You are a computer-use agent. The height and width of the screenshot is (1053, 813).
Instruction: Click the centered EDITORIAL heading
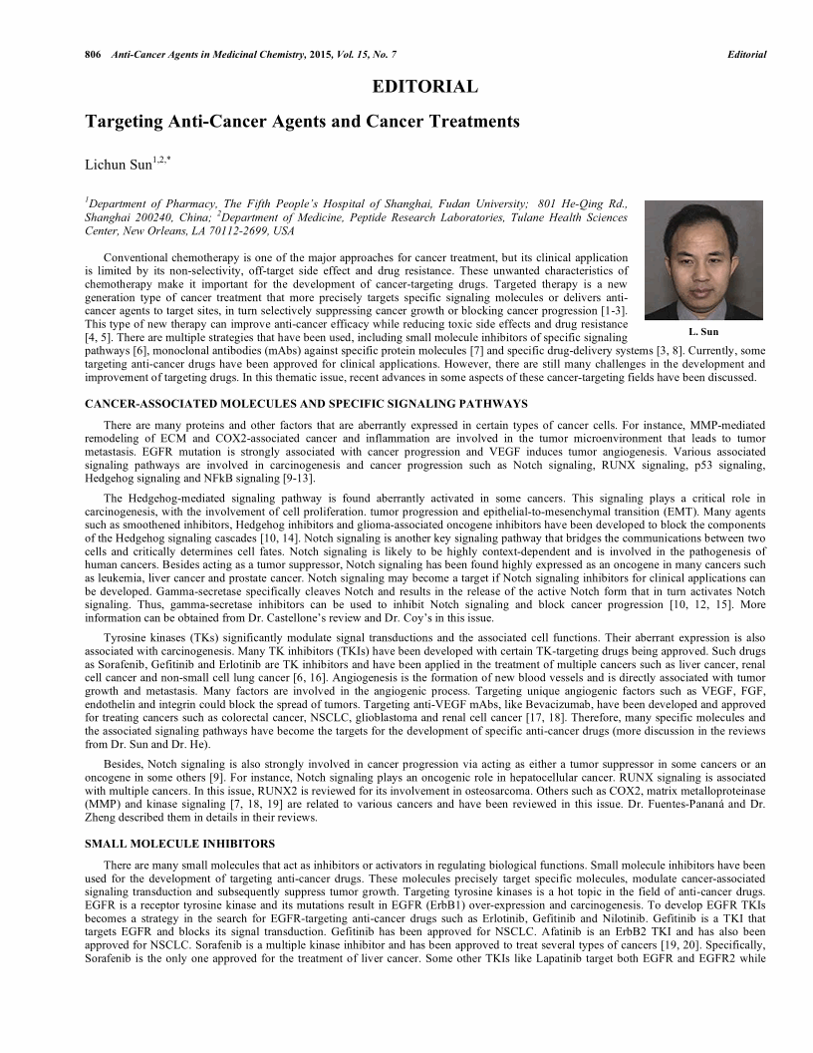pyautogui.click(x=424, y=88)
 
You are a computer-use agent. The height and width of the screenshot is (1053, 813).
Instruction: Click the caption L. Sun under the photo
pyautogui.click(x=702, y=331)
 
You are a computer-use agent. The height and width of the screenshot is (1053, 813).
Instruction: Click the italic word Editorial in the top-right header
pyautogui.click(x=747, y=54)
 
